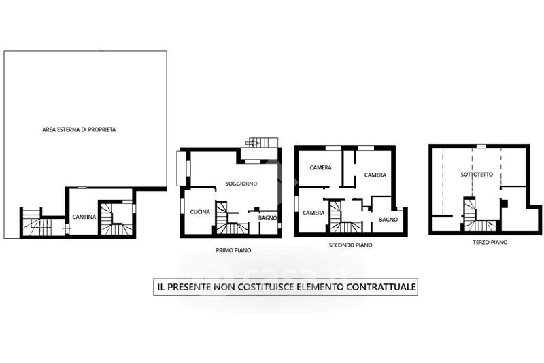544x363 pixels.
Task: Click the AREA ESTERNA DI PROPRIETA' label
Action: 80,130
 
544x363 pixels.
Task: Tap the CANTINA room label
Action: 84,217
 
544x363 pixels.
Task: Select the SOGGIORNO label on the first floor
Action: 241,184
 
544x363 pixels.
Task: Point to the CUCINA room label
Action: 200,212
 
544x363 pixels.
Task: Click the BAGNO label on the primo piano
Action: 267,218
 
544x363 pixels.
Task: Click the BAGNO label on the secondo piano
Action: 388,220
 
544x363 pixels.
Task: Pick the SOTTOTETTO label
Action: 477,175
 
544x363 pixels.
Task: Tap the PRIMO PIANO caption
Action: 233,250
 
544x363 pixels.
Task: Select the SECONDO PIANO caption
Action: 350,245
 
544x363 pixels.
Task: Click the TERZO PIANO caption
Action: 490,242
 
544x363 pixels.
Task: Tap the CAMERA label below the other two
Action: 313,213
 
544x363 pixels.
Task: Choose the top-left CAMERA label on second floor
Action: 320,167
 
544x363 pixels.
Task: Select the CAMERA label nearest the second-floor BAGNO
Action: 375,175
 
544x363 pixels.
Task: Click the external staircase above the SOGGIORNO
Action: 262,142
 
